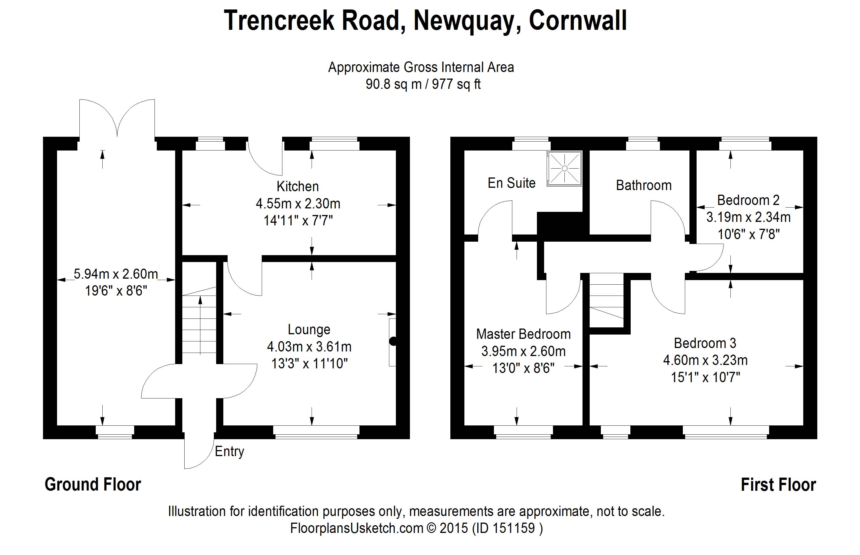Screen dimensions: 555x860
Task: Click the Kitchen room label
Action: pyautogui.click(x=298, y=186)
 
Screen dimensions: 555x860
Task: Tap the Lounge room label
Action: pyautogui.click(x=309, y=329)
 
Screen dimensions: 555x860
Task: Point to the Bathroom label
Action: pyautogui.click(x=644, y=185)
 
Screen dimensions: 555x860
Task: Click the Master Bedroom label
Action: pyautogui.click(x=523, y=334)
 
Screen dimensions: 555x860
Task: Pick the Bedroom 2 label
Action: pyautogui.click(x=748, y=200)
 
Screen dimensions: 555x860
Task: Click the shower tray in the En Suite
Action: pyautogui.click(x=564, y=168)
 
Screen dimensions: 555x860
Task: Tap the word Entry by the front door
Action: pyautogui.click(x=230, y=452)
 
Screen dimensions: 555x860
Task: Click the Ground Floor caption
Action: pyautogui.click(x=93, y=485)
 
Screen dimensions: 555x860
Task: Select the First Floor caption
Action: pyautogui.click(x=778, y=485)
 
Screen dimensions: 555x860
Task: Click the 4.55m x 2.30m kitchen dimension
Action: pyautogui.click(x=298, y=204)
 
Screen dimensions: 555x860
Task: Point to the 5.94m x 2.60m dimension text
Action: pyautogui.click(x=116, y=274)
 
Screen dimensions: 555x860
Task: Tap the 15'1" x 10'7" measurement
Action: pyautogui.click(x=705, y=377)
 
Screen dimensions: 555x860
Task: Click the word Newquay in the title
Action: pyautogui.click(x=467, y=21)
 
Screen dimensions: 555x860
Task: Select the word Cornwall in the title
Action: pyautogui.click(x=578, y=21)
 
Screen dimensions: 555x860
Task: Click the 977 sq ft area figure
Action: pyautogui.click(x=456, y=84)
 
